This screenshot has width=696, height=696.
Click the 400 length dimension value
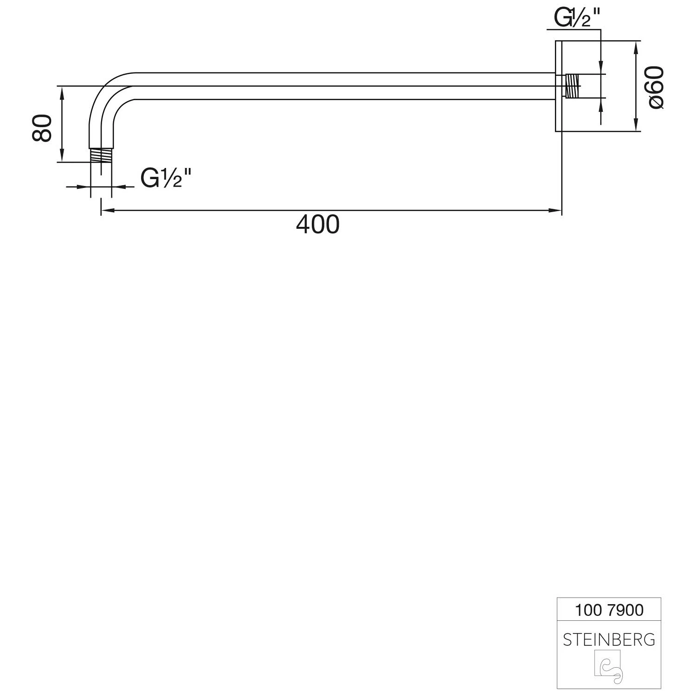click(x=318, y=225)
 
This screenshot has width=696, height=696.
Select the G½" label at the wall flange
click(x=577, y=18)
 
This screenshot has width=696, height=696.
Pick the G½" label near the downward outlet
click(x=166, y=178)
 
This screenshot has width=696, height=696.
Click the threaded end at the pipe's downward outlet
click(x=101, y=155)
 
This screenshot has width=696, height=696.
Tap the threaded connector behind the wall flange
click(x=573, y=86)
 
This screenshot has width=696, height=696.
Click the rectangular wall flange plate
click(x=559, y=86)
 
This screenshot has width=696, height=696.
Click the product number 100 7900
click(x=609, y=610)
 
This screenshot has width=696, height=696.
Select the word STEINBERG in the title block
click(x=609, y=640)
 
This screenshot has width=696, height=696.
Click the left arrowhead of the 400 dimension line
click(x=107, y=210)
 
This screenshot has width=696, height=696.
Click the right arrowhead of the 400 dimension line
click(x=555, y=210)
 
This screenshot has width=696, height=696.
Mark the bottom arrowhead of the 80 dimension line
click(x=61, y=155)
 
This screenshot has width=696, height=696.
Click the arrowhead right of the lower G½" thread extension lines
click(x=119, y=187)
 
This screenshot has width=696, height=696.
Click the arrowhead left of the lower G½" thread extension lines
click(x=83, y=187)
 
